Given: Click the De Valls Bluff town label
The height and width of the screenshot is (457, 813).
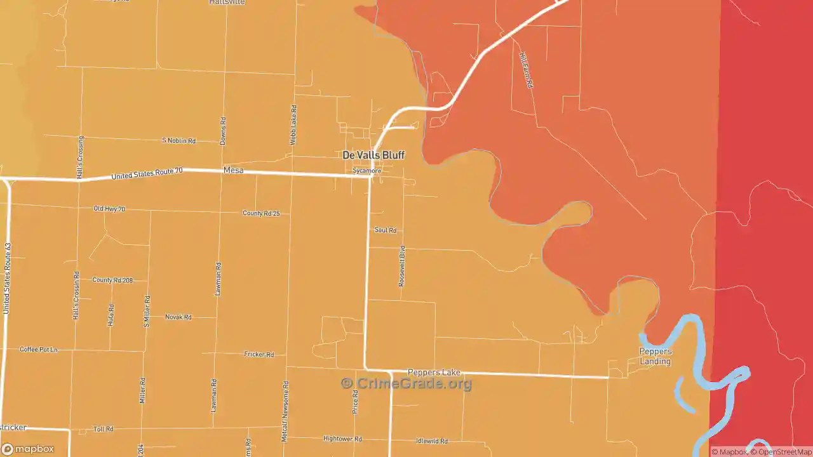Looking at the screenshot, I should click(x=373, y=155).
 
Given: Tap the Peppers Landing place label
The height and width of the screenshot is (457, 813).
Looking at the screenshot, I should click(x=655, y=357).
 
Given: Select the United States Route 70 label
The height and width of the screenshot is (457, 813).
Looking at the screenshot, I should click(x=147, y=173).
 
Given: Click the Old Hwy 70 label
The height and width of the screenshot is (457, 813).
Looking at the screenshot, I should click(x=109, y=208).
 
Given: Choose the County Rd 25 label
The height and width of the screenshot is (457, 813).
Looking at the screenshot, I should click(x=261, y=213).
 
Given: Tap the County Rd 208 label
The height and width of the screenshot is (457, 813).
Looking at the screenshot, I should click(x=112, y=280).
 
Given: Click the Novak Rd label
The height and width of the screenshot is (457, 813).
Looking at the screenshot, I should click(x=178, y=317).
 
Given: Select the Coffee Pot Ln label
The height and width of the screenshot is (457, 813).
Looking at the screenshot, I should click(x=38, y=349).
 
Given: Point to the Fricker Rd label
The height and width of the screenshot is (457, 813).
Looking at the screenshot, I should click(x=259, y=354).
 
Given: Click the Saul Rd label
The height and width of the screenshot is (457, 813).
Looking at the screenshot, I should click(x=385, y=230).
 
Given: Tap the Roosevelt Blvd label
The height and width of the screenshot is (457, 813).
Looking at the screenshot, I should click(x=401, y=267).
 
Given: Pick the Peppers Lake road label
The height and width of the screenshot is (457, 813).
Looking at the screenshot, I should click(x=434, y=373).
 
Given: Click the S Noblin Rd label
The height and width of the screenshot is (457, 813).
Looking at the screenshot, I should click(x=178, y=140).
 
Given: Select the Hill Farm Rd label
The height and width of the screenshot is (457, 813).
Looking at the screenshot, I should click(x=525, y=70).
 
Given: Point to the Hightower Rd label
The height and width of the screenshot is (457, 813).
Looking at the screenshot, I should click(x=342, y=439).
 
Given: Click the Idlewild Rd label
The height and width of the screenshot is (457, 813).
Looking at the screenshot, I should click(x=431, y=440).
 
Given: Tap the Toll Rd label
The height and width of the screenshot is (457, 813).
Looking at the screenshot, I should click(x=103, y=429).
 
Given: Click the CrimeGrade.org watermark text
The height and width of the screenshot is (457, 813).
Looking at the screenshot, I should click(x=406, y=383).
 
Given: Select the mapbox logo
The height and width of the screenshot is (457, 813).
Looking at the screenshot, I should click(x=28, y=449).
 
